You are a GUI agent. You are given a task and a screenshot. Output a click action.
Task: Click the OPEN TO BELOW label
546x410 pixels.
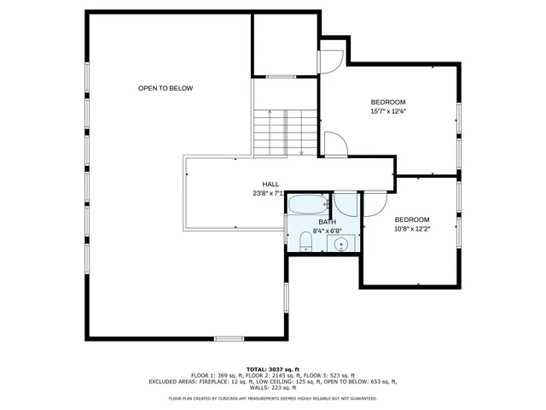pos(166,88)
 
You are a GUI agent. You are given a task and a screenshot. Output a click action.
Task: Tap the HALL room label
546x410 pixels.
pos(270,184)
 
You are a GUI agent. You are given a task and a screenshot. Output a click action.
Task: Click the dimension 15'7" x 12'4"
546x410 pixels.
pos(388,111)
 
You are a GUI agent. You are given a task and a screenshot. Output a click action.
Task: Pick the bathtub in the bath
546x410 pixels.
pos(307,205)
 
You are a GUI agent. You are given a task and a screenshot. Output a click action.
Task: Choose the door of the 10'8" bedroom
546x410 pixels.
pos(375,205)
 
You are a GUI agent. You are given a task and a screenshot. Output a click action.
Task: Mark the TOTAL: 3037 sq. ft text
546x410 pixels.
pos(273,368)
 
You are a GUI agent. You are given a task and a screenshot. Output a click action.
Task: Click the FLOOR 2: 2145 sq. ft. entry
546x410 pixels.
pos(270,375)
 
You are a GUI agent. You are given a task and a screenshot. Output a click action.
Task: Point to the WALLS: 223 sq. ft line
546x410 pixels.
pos(273,387)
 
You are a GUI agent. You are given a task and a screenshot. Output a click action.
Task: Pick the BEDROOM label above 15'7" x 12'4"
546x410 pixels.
pos(388,102)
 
